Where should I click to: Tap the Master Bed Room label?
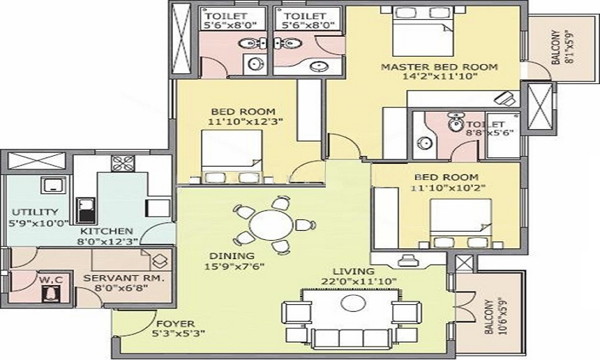click(x=440, y=67)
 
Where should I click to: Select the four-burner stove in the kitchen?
click(x=123, y=163)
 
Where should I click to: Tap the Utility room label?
click(x=35, y=212)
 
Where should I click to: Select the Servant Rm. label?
click(x=123, y=278)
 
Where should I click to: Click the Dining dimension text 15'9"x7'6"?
click(x=237, y=266)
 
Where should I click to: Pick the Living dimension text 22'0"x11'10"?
click(x=359, y=281)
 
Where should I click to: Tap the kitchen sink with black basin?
click(x=83, y=210)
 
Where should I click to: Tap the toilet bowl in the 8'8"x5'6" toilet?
click(x=455, y=123)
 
